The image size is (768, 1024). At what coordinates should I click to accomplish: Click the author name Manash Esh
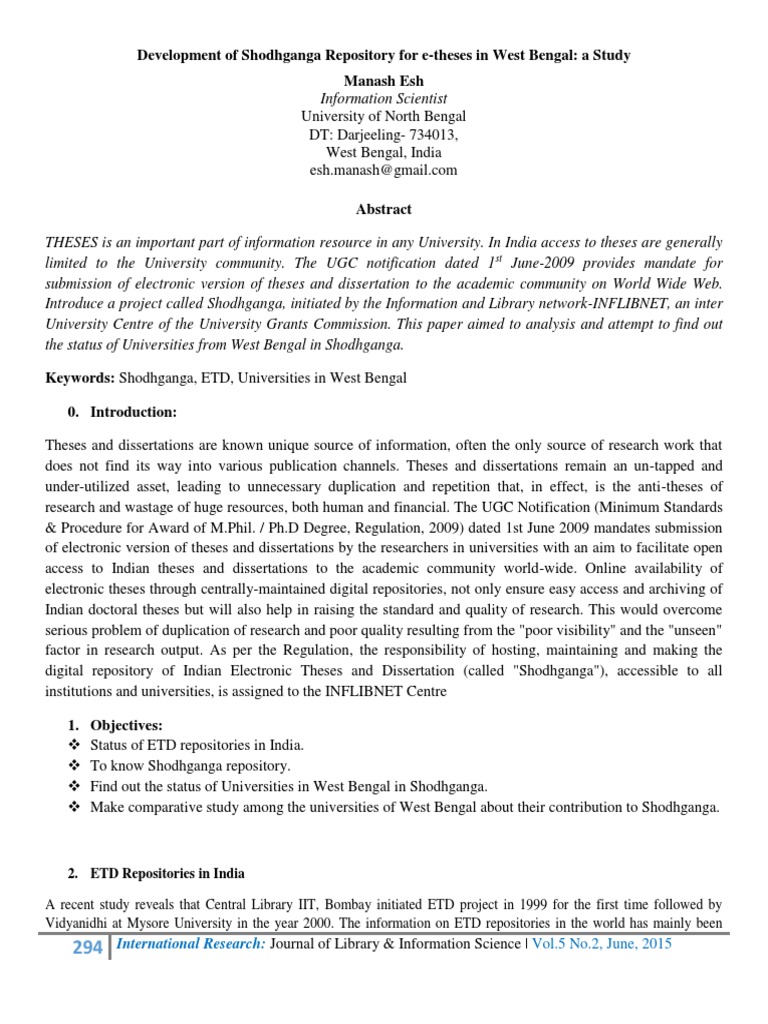pos(383,79)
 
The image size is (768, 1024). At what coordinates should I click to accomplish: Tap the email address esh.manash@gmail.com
pos(383,170)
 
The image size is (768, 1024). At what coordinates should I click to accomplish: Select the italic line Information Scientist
pos(383,98)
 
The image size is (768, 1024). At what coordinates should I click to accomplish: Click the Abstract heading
pos(383,210)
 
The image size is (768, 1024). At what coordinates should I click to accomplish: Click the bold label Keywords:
pos(80,379)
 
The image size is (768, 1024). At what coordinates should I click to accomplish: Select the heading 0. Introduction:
pos(126,411)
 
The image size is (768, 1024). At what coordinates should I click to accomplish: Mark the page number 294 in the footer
pos(87,947)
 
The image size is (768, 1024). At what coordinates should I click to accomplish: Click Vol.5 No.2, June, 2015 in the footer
pos(602,944)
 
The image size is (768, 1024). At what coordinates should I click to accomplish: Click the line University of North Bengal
pos(383,116)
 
